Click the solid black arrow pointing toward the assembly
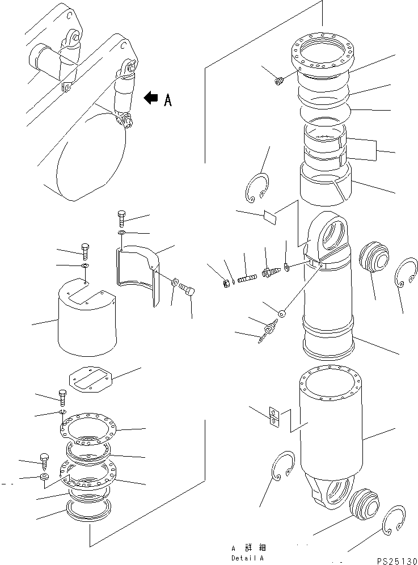click(x=151, y=98)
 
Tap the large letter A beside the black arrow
click(x=168, y=100)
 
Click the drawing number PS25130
click(x=397, y=560)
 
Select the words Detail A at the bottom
click(x=247, y=558)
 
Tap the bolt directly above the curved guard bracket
click(x=121, y=219)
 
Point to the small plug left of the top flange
click(x=278, y=82)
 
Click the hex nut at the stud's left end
click(x=226, y=284)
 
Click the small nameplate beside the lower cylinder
click(x=274, y=417)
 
